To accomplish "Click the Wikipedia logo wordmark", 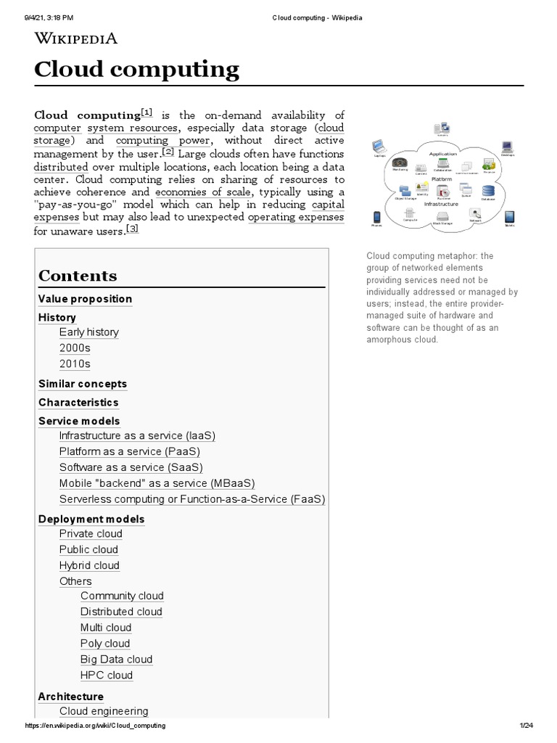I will pyautogui.click(x=75, y=38).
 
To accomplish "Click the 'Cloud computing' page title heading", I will pyautogui.click(x=137, y=70).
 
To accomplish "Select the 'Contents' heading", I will pyautogui.click(x=78, y=276).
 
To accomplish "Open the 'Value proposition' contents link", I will pyautogui.click(x=85, y=299).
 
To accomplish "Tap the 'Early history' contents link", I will pyautogui.click(x=88, y=332).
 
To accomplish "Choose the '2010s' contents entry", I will pyautogui.click(x=75, y=364).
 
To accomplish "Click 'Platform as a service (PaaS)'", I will pyautogui.click(x=129, y=451).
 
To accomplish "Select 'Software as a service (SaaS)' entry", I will pyautogui.click(x=131, y=467).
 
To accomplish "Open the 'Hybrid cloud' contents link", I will pyautogui.click(x=89, y=565).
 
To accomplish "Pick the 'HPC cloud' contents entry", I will pyautogui.click(x=107, y=676).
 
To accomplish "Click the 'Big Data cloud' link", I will pyautogui.click(x=116, y=660).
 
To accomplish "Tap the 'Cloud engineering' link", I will pyautogui.click(x=104, y=711).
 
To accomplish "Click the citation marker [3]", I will pyautogui.click(x=131, y=229).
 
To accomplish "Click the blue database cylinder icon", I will pyautogui.click(x=488, y=193).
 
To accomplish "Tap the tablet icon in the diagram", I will pyautogui.click(x=509, y=217).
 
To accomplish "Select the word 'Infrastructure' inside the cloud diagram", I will pyautogui.click(x=441, y=205).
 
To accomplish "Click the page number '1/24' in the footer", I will pyautogui.click(x=526, y=726).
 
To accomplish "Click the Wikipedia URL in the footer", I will pyautogui.click(x=95, y=726).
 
